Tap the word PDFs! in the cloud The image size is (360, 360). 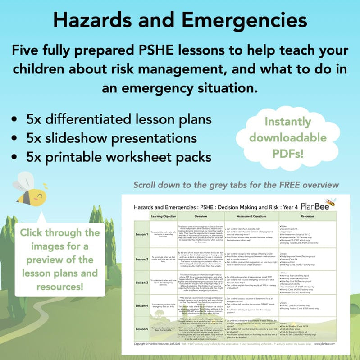click(289, 154)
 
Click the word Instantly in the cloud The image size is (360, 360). click(289, 122)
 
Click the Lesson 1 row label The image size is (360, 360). click(141, 234)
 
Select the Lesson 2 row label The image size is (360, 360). click(141, 260)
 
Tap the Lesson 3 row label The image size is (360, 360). click(141, 283)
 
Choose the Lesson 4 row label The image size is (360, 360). click(141, 306)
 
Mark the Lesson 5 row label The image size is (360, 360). click(141, 329)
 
